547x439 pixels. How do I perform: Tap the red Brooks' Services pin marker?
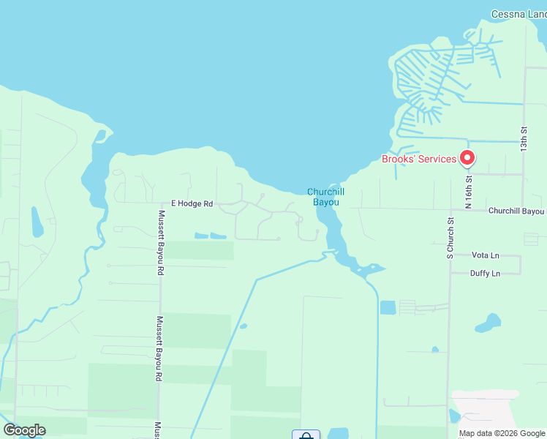click(x=467, y=157)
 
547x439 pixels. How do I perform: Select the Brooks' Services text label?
click(x=419, y=160)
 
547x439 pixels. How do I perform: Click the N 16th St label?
click(x=469, y=189)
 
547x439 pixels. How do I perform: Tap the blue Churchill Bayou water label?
click(x=325, y=197)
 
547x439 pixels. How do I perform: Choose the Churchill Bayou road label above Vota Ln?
click(x=516, y=211)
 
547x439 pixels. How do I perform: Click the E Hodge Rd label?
click(x=192, y=203)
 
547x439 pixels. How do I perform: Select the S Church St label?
click(x=451, y=239)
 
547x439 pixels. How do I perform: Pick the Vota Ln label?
click(x=486, y=255)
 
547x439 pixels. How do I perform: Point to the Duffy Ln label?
click(x=486, y=273)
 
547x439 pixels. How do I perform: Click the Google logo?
click(x=24, y=430)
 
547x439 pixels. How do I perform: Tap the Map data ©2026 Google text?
click(x=502, y=433)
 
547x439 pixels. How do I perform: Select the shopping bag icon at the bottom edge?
click(x=306, y=435)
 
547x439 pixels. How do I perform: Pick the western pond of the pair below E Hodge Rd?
click(x=201, y=236)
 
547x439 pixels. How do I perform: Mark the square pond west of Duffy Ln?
click(x=388, y=307)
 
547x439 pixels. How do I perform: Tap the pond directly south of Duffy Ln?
click(x=488, y=322)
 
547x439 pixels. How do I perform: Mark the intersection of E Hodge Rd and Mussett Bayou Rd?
click(x=161, y=203)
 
